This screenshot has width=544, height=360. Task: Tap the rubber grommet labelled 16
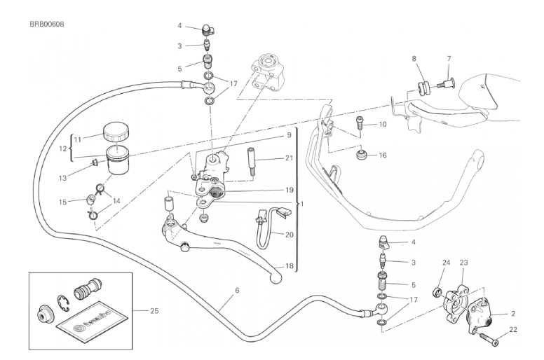click(363, 154)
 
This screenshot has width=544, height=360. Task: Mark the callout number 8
click(414, 59)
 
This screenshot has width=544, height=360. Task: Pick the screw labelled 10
click(358, 128)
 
